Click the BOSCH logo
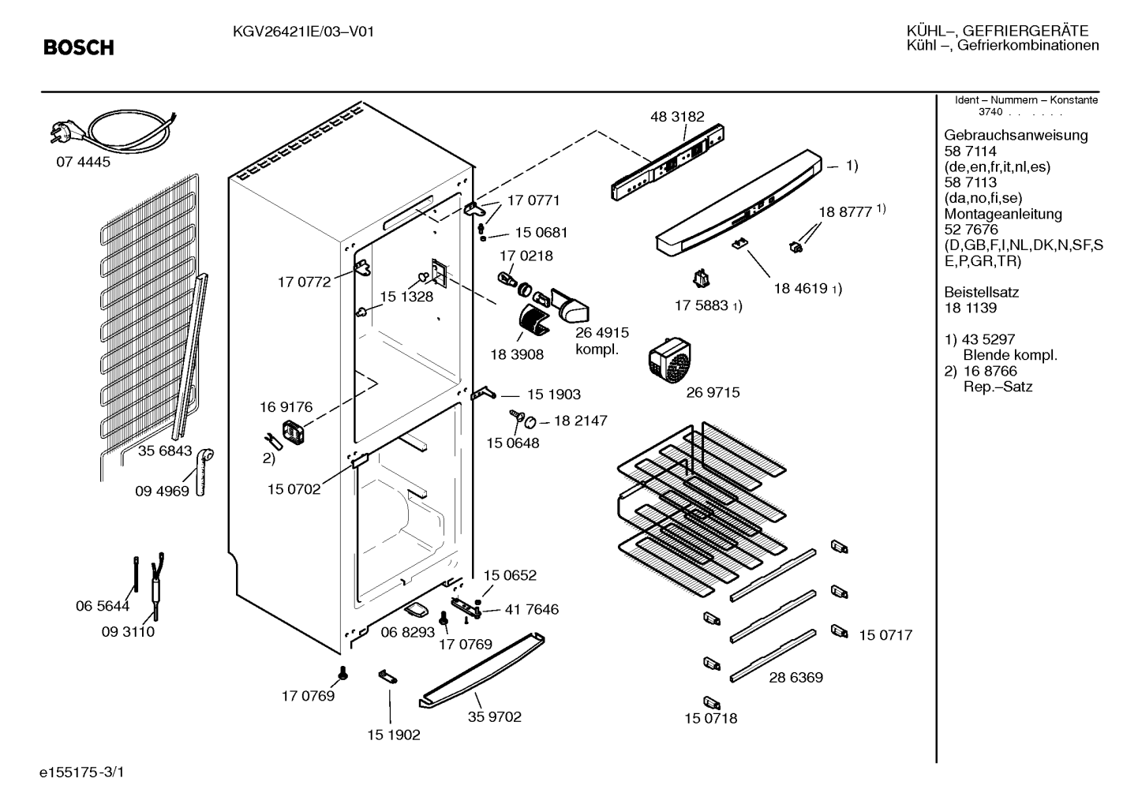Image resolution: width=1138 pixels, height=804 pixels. coord(79,47)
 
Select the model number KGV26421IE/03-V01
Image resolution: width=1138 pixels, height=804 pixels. coord(303,32)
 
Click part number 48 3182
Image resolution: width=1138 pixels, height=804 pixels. coord(677,116)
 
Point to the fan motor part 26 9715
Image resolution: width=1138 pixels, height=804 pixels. coord(669,360)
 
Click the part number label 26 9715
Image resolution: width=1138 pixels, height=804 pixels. coord(713,392)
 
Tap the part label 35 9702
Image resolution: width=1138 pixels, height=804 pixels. coord(494,716)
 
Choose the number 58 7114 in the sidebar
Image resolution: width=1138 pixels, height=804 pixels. coord(971,151)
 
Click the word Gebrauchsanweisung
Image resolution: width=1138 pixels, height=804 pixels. coord(1016,135)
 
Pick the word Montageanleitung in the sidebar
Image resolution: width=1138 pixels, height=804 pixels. coord(1003,214)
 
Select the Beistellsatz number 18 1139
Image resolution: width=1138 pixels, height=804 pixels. coord(971,308)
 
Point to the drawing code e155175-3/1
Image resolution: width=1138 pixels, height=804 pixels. coord(82,772)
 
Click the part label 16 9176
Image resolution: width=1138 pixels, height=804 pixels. coord(286,407)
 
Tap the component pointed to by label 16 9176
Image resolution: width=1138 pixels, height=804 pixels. coord(293,432)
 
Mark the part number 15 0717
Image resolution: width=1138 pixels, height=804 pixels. coord(885,635)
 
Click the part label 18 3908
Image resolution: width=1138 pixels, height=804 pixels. coord(517,354)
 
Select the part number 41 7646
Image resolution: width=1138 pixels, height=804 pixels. coord(531,609)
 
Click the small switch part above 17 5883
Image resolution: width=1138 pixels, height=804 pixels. coord(701,279)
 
